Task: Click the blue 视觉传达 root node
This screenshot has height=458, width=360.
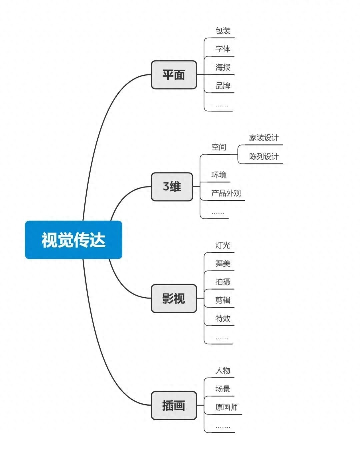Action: click(x=73, y=240)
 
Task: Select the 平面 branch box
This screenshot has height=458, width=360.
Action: click(x=174, y=75)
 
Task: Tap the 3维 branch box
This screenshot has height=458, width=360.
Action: click(x=172, y=186)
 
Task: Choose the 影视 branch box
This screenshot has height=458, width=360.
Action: click(x=174, y=298)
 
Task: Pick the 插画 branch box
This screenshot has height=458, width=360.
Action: click(x=174, y=405)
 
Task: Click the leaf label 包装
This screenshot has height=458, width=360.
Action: click(x=223, y=31)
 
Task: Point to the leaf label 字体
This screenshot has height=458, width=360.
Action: click(x=223, y=49)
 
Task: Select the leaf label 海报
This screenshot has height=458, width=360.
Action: click(x=223, y=67)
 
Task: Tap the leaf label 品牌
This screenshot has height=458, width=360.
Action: click(x=223, y=86)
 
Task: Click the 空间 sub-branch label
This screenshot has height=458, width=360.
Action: click(x=219, y=147)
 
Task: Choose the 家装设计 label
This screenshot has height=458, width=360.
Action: click(x=264, y=138)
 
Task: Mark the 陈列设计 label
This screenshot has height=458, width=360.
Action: click(x=264, y=156)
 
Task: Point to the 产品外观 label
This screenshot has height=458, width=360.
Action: click(x=226, y=193)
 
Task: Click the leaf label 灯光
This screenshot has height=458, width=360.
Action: click(x=223, y=246)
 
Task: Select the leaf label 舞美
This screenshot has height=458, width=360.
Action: click(x=223, y=264)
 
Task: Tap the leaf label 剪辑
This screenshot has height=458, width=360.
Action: click(x=223, y=300)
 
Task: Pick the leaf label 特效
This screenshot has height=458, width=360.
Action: click(x=223, y=319)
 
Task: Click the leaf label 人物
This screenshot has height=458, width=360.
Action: click(x=223, y=370)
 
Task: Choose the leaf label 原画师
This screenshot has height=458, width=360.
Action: click(x=226, y=407)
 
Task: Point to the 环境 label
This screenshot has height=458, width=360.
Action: click(x=219, y=175)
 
